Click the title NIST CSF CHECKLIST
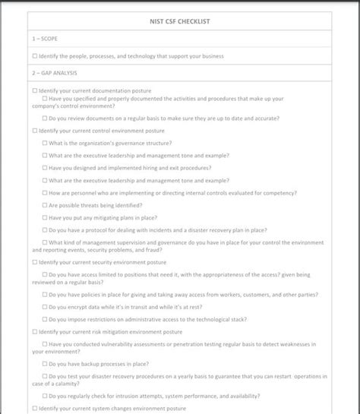(180, 21)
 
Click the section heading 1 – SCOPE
(45, 38)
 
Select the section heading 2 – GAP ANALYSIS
(55, 73)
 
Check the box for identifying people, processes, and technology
(35, 56)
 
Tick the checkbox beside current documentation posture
(35, 91)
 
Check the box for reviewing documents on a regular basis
(45, 119)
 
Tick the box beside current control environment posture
(35, 131)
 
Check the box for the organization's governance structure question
(45, 143)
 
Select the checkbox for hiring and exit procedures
(45, 168)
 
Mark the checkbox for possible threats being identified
(45, 205)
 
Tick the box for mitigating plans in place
(45, 217)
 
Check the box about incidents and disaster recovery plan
(45, 229)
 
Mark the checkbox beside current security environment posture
(35, 262)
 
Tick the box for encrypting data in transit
(45, 307)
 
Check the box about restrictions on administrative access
(45, 319)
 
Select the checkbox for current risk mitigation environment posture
(35, 331)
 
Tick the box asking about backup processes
(45, 363)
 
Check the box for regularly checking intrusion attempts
(45, 396)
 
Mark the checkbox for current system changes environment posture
(35, 408)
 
